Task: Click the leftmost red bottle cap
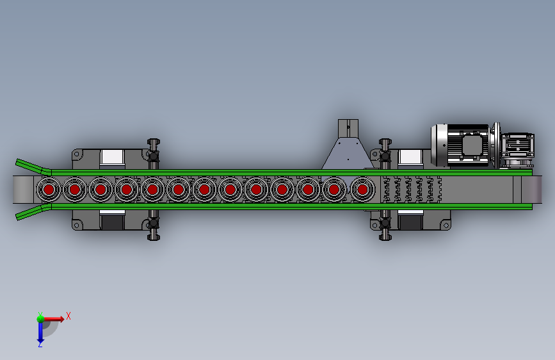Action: [x=49, y=190]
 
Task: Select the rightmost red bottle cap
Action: [x=362, y=190]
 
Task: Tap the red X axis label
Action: [x=68, y=316]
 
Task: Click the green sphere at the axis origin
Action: [x=40, y=319]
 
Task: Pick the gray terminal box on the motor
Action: [x=471, y=145]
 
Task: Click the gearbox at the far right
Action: [x=517, y=149]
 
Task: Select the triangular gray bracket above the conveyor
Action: [x=348, y=154]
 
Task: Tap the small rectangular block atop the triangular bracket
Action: [x=348, y=129]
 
